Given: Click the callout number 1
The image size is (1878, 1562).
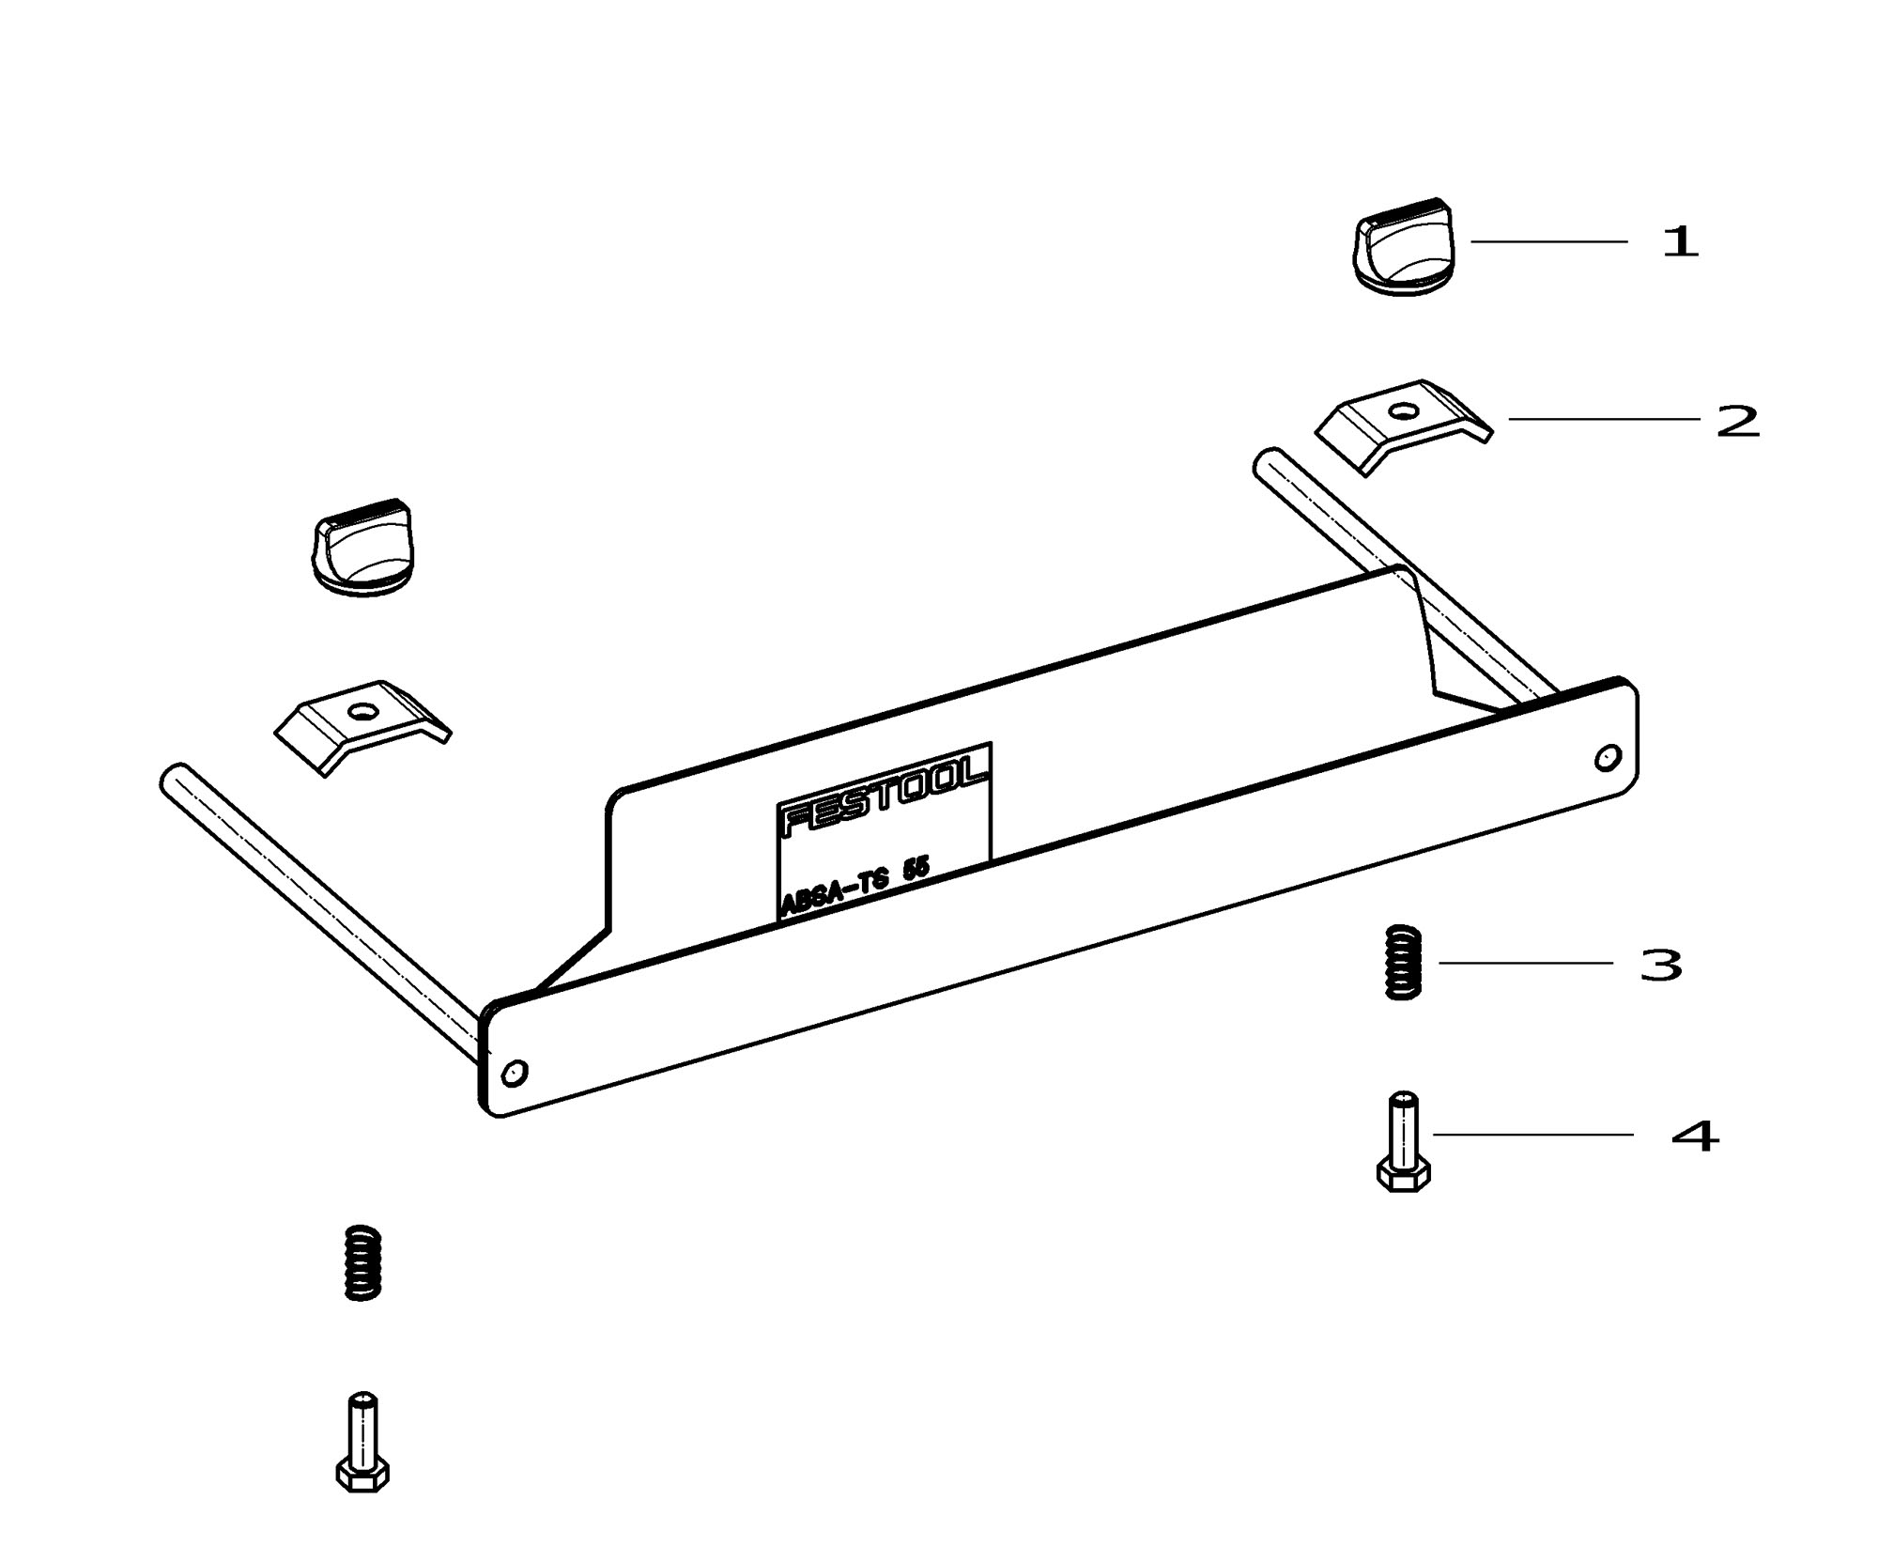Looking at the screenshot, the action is coord(1681,242).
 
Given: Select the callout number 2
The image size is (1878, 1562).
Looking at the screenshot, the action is coord(1737,421).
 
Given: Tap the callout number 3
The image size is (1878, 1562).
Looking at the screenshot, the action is coord(1661,965).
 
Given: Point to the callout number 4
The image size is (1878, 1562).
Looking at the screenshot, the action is coord(1695,1137).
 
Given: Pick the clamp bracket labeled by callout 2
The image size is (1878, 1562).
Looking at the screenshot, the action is coord(1404,425).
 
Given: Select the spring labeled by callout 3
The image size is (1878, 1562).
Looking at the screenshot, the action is coord(1404,963).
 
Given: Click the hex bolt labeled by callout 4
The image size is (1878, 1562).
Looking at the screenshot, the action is coord(1403,1141).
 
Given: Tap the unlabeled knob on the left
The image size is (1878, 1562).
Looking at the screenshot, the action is coord(361,549).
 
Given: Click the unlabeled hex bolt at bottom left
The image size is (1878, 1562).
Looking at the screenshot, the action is coord(362,1442).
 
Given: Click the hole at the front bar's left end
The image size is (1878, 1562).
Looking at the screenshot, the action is coord(515,1072).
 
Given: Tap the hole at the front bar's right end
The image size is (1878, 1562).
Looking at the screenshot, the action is coord(1609,756).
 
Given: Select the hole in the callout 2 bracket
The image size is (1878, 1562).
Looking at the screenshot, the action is coord(1404,410).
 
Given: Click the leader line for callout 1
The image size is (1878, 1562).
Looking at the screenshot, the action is coord(1549,241).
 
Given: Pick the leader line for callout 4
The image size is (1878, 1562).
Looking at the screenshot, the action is coord(1533,1135).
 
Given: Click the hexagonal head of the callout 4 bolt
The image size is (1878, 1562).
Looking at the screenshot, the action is coord(1403,1175).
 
